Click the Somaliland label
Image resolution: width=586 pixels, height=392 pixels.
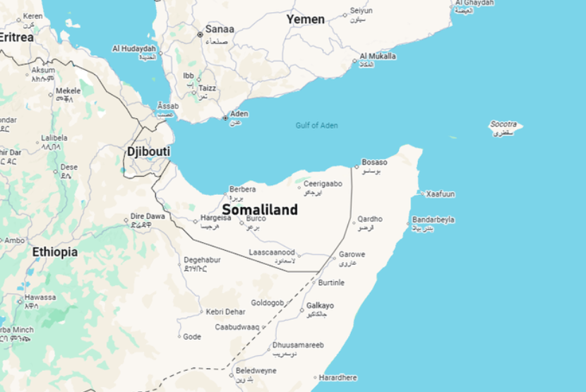click(x=260, y=210)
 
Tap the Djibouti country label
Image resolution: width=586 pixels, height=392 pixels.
click(x=148, y=152)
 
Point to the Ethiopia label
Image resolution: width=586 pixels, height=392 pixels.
click(x=54, y=251)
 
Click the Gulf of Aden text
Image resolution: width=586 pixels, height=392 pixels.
click(x=316, y=126)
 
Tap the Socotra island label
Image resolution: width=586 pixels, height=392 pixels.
click(x=503, y=124)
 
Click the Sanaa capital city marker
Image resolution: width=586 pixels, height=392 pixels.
click(x=200, y=33)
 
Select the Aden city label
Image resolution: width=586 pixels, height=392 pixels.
click(x=239, y=114)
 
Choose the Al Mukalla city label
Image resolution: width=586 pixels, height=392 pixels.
click(x=378, y=57)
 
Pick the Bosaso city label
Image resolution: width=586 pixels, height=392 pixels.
click(x=374, y=162)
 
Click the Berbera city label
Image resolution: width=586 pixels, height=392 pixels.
click(x=243, y=190)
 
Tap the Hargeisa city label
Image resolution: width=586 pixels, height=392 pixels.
click(x=215, y=219)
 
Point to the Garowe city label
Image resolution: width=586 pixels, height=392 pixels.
click(x=352, y=254)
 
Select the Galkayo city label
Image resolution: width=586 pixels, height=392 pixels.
click(x=320, y=306)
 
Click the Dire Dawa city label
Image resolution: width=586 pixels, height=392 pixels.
click(x=148, y=217)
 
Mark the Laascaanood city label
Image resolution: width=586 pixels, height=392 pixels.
click(x=272, y=252)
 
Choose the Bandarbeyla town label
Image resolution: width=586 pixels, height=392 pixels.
click(x=433, y=220)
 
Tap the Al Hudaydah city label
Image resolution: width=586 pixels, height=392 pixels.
click(x=134, y=49)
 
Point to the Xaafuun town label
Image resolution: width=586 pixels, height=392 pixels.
click(x=441, y=194)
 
